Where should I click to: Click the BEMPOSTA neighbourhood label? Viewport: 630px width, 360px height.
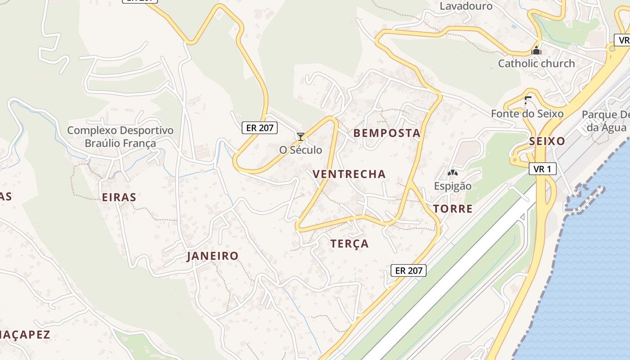[x=387, y=133]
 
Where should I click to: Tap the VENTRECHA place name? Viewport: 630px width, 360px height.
[x=349, y=174]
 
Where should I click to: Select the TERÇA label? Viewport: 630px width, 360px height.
[x=350, y=244]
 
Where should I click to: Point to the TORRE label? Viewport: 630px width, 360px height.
[x=453, y=209]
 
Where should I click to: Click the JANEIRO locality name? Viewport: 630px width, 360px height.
[x=213, y=256]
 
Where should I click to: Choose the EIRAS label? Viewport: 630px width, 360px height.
[x=119, y=197]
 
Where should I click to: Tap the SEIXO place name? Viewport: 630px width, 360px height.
[x=547, y=141]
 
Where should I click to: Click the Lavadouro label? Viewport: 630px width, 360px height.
[x=466, y=6]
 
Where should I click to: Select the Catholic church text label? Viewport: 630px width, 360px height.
[x=536, y=63]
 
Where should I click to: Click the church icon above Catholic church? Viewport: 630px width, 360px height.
[x=536, y=50]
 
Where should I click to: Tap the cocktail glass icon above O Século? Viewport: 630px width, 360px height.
[x=301, y=136]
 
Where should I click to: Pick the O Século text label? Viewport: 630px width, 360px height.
[x=301, y=150]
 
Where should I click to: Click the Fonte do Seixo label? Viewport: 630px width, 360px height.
[x=527, y=113]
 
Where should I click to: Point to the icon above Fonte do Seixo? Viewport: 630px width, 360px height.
[x=527, y=100]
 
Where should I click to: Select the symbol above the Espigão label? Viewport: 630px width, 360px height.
[x=452, y=173]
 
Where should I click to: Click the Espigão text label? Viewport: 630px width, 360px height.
[x=453, y=186]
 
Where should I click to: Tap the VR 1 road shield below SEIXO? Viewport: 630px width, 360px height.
[x=543, y=169]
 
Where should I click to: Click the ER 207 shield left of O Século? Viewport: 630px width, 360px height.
[x=260, y=128]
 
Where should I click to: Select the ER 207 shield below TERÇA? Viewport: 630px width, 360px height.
[x=408, y=270]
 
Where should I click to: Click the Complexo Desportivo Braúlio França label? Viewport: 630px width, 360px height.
[x=120, y=137]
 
